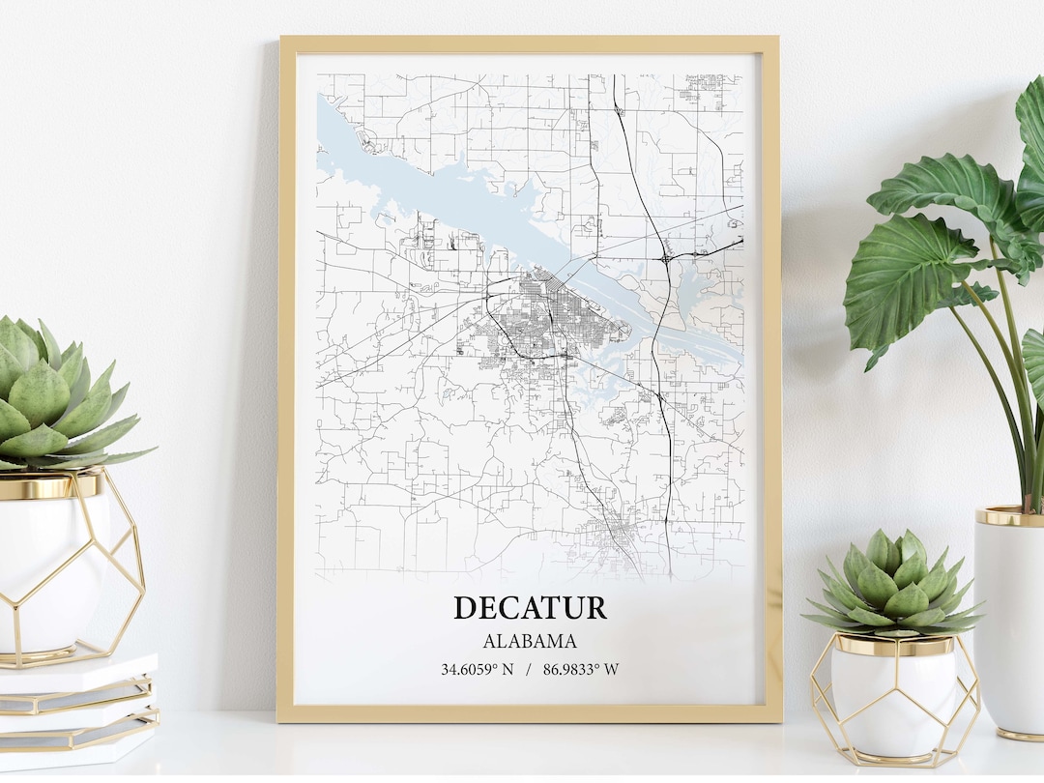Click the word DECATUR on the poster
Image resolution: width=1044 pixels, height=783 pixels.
(530, 607)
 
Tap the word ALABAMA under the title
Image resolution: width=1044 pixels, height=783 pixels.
(530, 641)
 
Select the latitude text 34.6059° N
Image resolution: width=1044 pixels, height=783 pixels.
(478, 668)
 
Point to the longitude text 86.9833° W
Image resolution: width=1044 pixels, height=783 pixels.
(581, 668)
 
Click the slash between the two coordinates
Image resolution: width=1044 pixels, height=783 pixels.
(529, 668)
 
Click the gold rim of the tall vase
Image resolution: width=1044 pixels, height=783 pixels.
(1009, 516)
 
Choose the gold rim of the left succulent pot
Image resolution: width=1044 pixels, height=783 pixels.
(48, 486)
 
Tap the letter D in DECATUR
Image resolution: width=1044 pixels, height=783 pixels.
(465, 607)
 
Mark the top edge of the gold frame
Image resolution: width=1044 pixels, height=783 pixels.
(529, 43)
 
